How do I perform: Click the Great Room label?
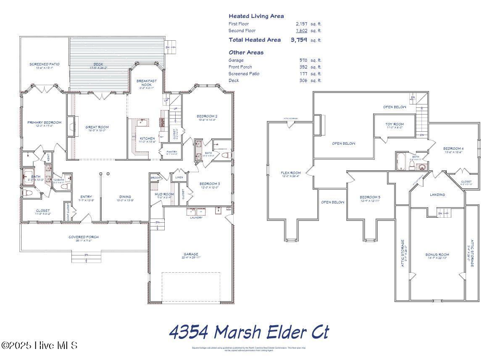click(x=97, y=127)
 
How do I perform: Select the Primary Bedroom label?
click(x=44, y=122)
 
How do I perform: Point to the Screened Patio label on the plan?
click(x=44, y=64)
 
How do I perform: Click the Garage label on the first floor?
click(x=191, y=254)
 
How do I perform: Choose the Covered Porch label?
click(x=84, y=237)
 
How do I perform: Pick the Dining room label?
click(x=125, y=197)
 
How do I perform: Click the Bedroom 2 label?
click(x=207, y=116)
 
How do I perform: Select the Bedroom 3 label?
click(x=209, y=184)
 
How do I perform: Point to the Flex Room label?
click(x=291, y=173)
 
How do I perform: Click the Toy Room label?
click(x=395, y=124)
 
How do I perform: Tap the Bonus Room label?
click(x=437, y=255)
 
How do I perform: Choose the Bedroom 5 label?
click(x=370, y=197)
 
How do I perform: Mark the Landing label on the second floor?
click(x=437, y=195)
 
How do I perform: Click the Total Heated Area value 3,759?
click(x=299, y=40)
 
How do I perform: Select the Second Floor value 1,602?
click(x=301, y=31)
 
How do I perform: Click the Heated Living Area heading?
click(x=256, y=16)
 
